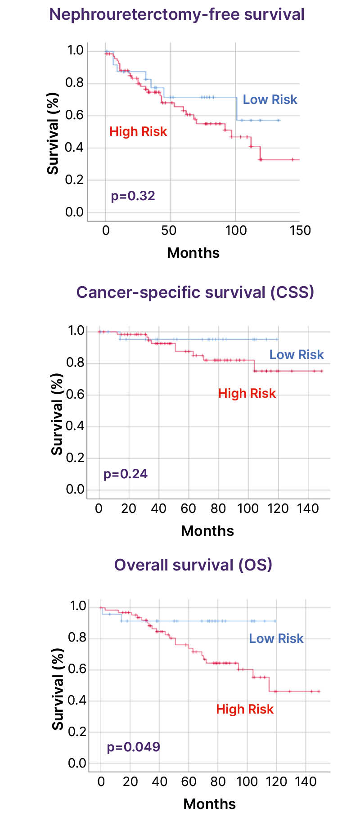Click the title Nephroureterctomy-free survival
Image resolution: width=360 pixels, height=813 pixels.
coord(177,14)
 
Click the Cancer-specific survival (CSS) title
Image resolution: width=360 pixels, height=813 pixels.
coord(195,292)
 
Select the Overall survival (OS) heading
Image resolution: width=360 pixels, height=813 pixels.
coord(193,565)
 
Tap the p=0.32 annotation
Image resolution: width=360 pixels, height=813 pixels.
coord(133,196)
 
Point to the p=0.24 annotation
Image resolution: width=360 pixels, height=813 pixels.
coord(126,474)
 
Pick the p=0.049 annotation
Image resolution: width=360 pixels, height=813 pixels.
coord(133,747)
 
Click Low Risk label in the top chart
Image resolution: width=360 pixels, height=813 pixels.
coord(270,100)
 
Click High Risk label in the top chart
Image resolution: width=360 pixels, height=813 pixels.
coord(138,132)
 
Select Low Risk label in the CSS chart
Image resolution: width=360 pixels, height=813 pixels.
coord(297,355)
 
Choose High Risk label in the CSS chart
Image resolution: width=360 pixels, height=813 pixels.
coord(247,394)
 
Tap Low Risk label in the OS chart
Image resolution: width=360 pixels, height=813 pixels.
coord(276,639)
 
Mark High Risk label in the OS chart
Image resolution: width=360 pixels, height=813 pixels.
coord(245,710)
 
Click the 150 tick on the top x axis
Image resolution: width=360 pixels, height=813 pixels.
coord(300,231)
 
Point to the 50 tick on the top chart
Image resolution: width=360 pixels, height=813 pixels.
coord(169,231)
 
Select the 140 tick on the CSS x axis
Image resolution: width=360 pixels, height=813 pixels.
coord(308,509)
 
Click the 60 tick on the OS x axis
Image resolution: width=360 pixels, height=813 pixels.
coord(189,782)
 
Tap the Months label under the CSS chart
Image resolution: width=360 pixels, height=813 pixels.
coord(207,531)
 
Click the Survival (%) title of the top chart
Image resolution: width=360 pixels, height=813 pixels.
coord(53,134)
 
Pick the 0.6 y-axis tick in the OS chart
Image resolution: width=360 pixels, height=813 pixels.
coord(76,669)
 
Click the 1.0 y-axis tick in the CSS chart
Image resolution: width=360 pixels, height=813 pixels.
coord(76,331)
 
